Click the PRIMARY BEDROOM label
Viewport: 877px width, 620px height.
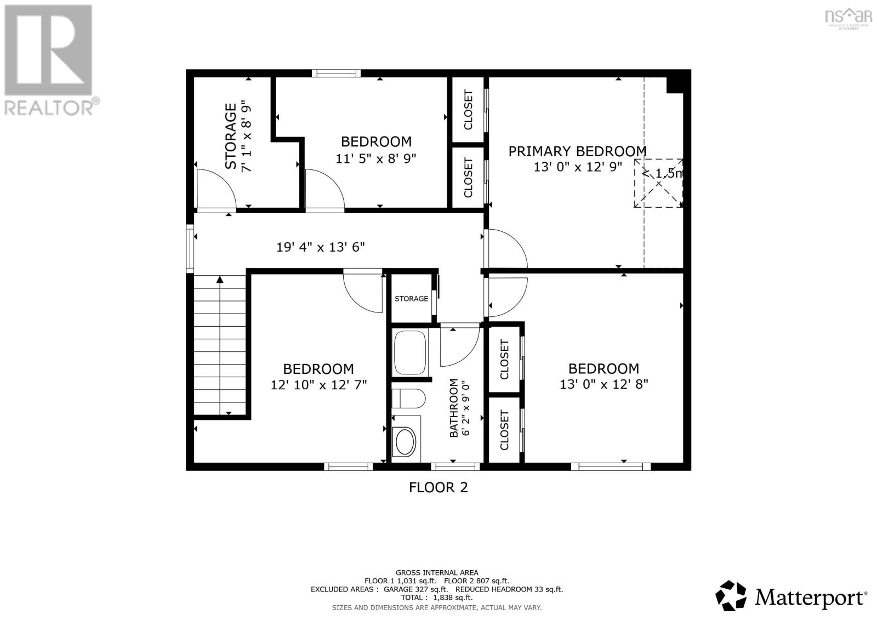point(577,151)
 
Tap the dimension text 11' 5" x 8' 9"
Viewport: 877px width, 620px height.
point(376,158)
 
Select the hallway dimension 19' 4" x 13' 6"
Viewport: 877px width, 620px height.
point(321,247)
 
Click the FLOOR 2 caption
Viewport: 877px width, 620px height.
point(438,488)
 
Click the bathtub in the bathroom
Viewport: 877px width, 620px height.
point(410,352)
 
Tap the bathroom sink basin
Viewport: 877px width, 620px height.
point(405,441)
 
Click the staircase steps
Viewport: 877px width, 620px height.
point(220,345)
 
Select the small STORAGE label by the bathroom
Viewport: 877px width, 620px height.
point(411,299)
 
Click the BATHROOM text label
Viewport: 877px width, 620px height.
point(453,408)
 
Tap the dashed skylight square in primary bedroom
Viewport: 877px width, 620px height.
point(658,183)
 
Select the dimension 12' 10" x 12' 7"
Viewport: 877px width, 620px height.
point(318,385)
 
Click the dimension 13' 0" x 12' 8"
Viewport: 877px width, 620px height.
point(603,384)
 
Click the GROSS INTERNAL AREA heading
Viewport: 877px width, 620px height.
point(437,573)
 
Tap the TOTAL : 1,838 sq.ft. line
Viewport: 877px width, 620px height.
point(437,598)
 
